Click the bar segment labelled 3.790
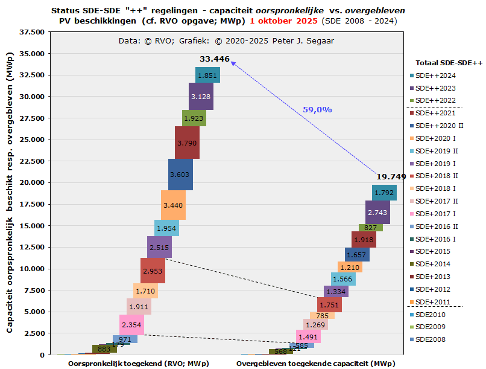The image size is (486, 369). tap(187, 143)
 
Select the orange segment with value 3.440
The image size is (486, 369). tap(173, 205)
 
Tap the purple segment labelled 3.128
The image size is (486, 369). tap(201, 97)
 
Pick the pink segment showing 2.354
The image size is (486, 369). tap(131, 325)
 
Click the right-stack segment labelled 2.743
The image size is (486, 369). tap(377, 213)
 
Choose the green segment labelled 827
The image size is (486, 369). tap(371, 228)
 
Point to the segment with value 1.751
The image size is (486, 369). tap(329, 305)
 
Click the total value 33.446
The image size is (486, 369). tap(215, 59)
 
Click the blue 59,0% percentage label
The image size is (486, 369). tap(317, 109)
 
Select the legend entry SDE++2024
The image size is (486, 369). tap(435, 75)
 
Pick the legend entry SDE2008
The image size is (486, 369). tap(432, 339)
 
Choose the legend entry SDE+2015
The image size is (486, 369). tap(433, 251)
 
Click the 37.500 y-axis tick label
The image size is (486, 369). tap(31, 32)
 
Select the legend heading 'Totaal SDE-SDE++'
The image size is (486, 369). tap(449, 63)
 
